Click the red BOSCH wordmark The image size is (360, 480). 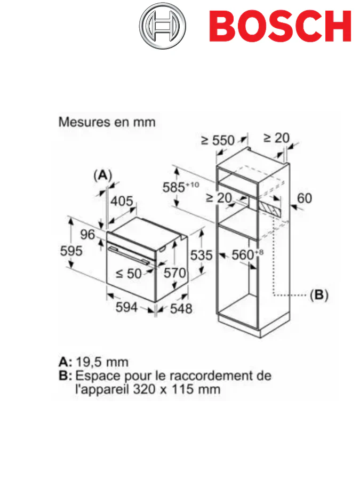click(x=279, y=26)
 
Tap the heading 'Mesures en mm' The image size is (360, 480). click(x=107, y=122)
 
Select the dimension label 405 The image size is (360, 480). click(x=122, y=201)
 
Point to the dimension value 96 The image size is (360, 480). click(x=87, y=235)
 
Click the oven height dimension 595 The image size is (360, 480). click(x=71, y=250)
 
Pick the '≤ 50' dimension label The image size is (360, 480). click(x=129, y=274)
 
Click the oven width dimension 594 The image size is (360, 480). click(x=127, y=307)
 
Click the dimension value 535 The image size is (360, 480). click(x=202, y=255)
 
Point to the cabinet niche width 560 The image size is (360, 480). click(x=243, y=255)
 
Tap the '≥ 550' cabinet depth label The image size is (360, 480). click(x=218, y=140)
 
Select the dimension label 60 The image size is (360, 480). click(x=304, y=198)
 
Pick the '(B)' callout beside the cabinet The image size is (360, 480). click(x=319, y=295)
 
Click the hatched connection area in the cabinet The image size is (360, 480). click(x=270, y=209)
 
